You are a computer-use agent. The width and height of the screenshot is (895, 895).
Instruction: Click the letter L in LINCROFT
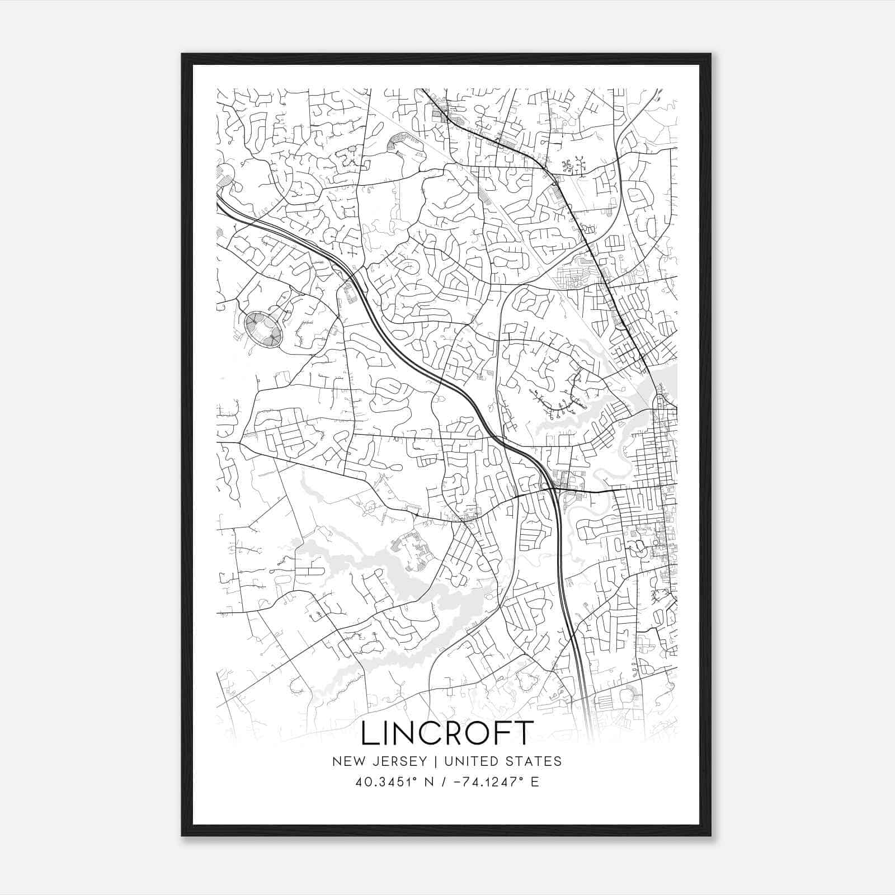[x=370, y=733]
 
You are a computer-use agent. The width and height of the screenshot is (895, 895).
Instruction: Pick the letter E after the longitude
[x=535, y=782]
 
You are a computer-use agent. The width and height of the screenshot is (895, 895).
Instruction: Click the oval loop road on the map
[x=262, y=329]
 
